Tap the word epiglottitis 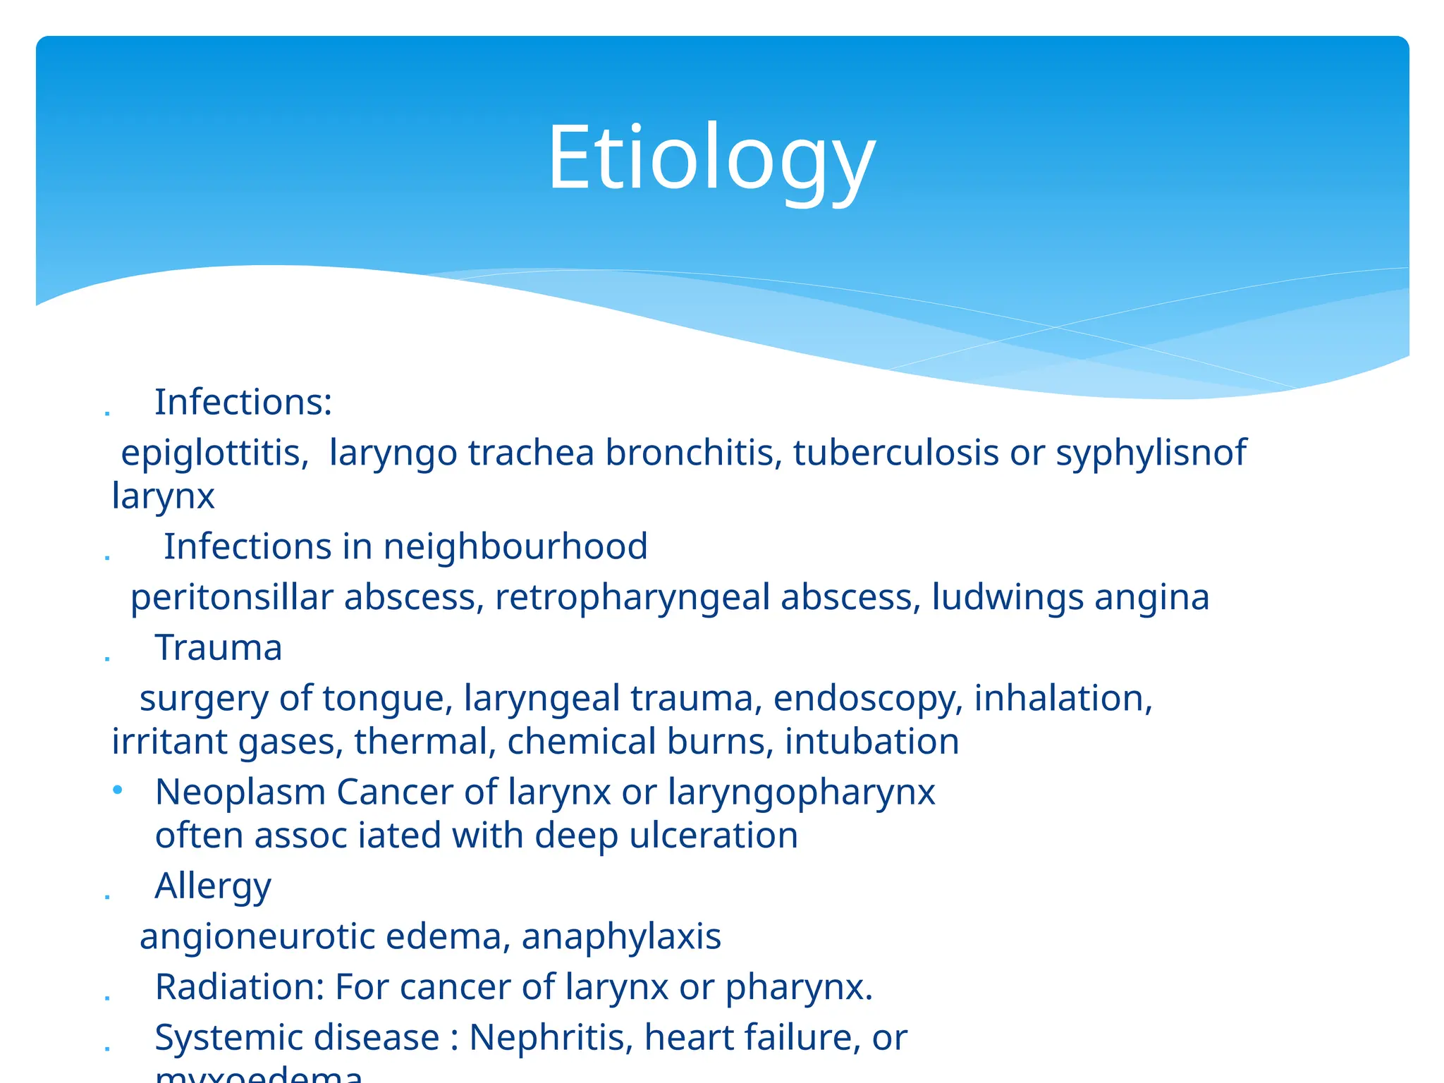[214, 453]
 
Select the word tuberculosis [895, 453]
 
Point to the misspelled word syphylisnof [1151, 453]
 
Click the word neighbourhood [515, 547]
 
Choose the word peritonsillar [231, 598]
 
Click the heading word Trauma [219, 648]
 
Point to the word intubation [871, 742]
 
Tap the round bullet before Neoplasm [118, 790]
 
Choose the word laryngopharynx [801, 793]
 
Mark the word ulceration [714, 836]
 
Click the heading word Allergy [213, 887]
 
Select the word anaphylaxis [621, 937]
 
